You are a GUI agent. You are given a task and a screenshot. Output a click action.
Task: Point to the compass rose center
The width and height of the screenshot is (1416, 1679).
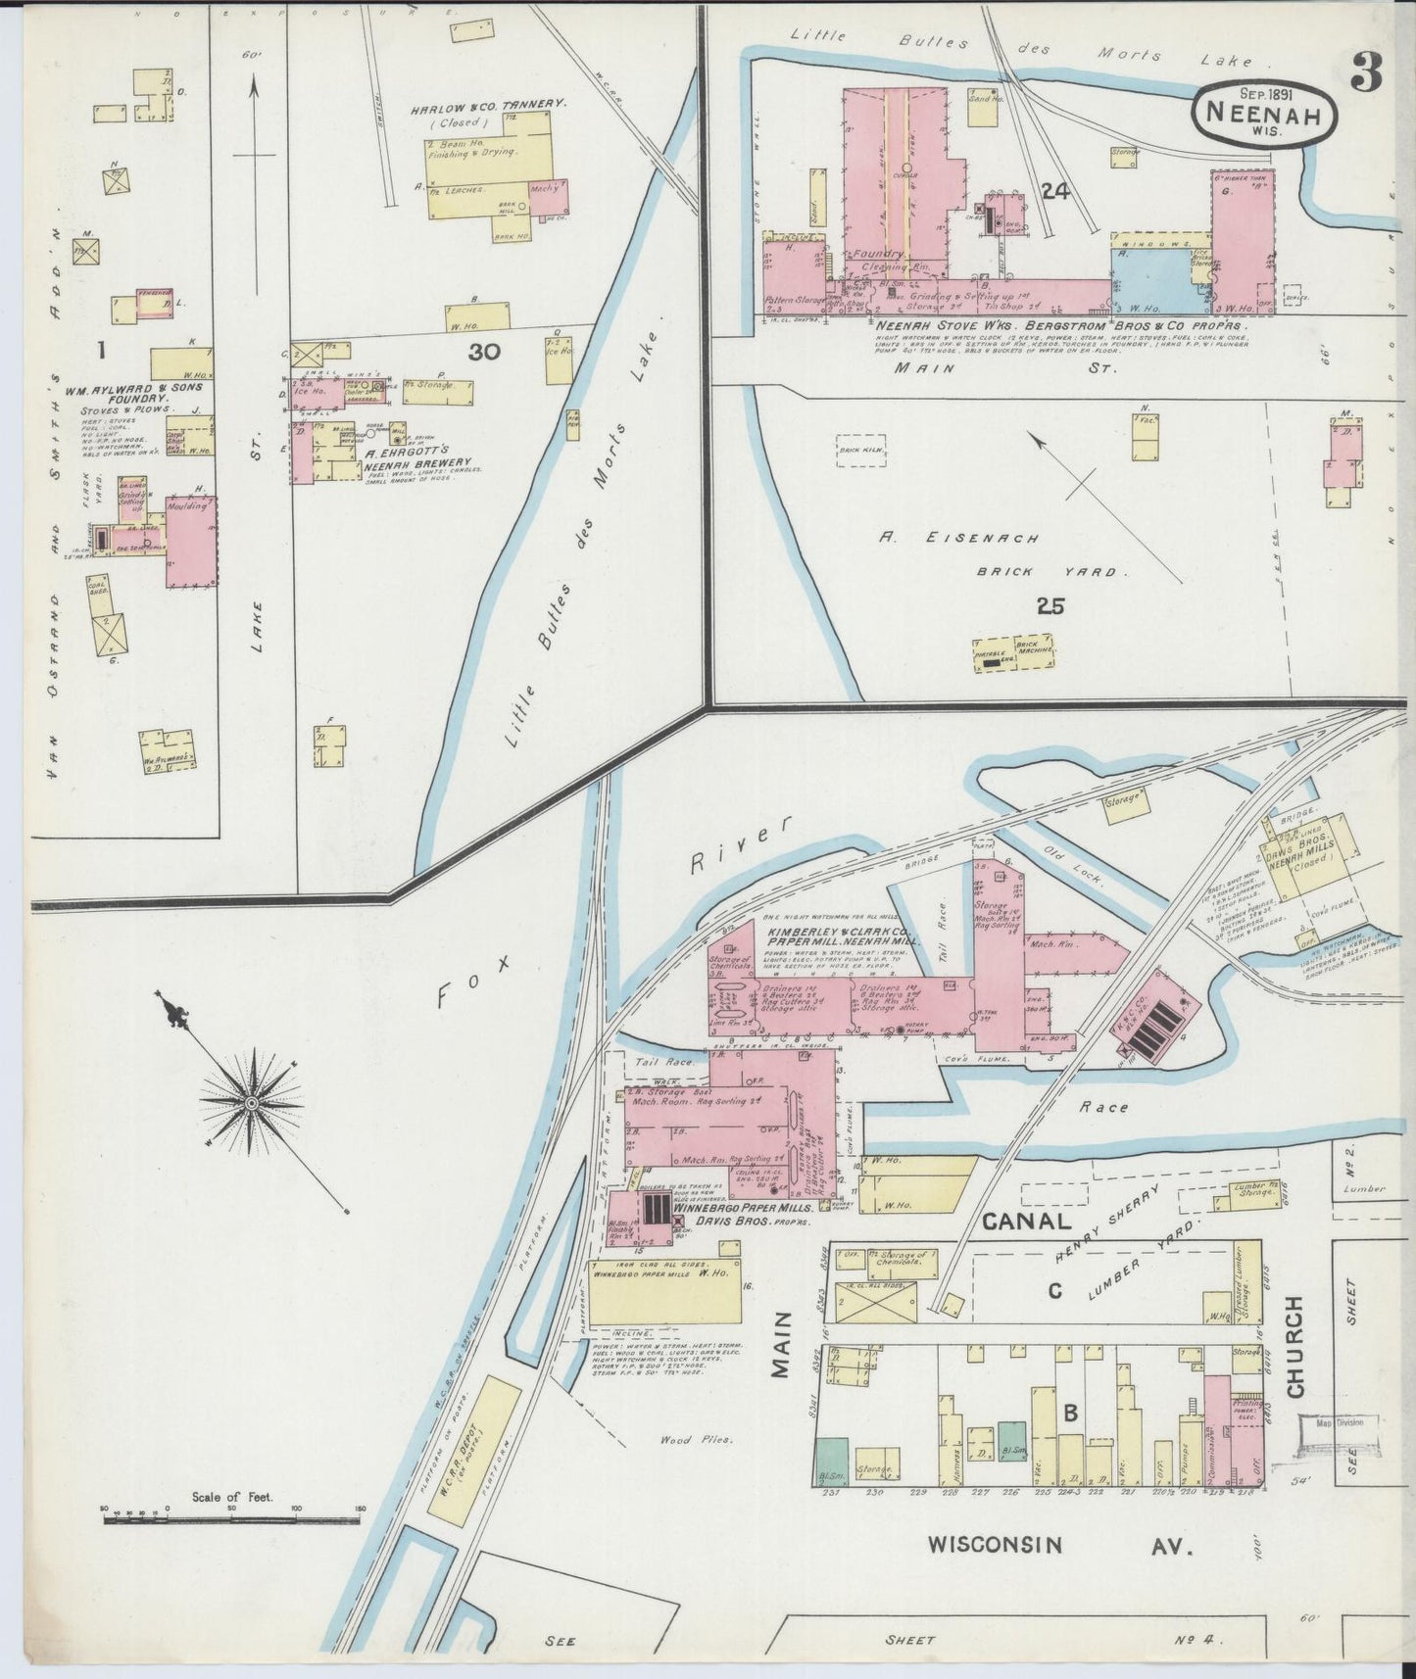pyautogui.click(x=251, y=1103)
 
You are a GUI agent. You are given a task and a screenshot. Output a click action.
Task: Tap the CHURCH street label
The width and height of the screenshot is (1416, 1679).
pyautogui.click(x=1295, y=1346)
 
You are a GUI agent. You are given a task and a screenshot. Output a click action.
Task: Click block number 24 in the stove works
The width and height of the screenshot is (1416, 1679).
pyautogui.click(x=1054, y=193)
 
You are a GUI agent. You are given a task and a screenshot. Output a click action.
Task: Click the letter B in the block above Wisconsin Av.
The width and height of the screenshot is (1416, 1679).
pyautogui.click(x=1071, y=1413)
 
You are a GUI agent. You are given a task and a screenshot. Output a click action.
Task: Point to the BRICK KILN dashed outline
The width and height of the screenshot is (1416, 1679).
pyautogui.click(x=860, y=451)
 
